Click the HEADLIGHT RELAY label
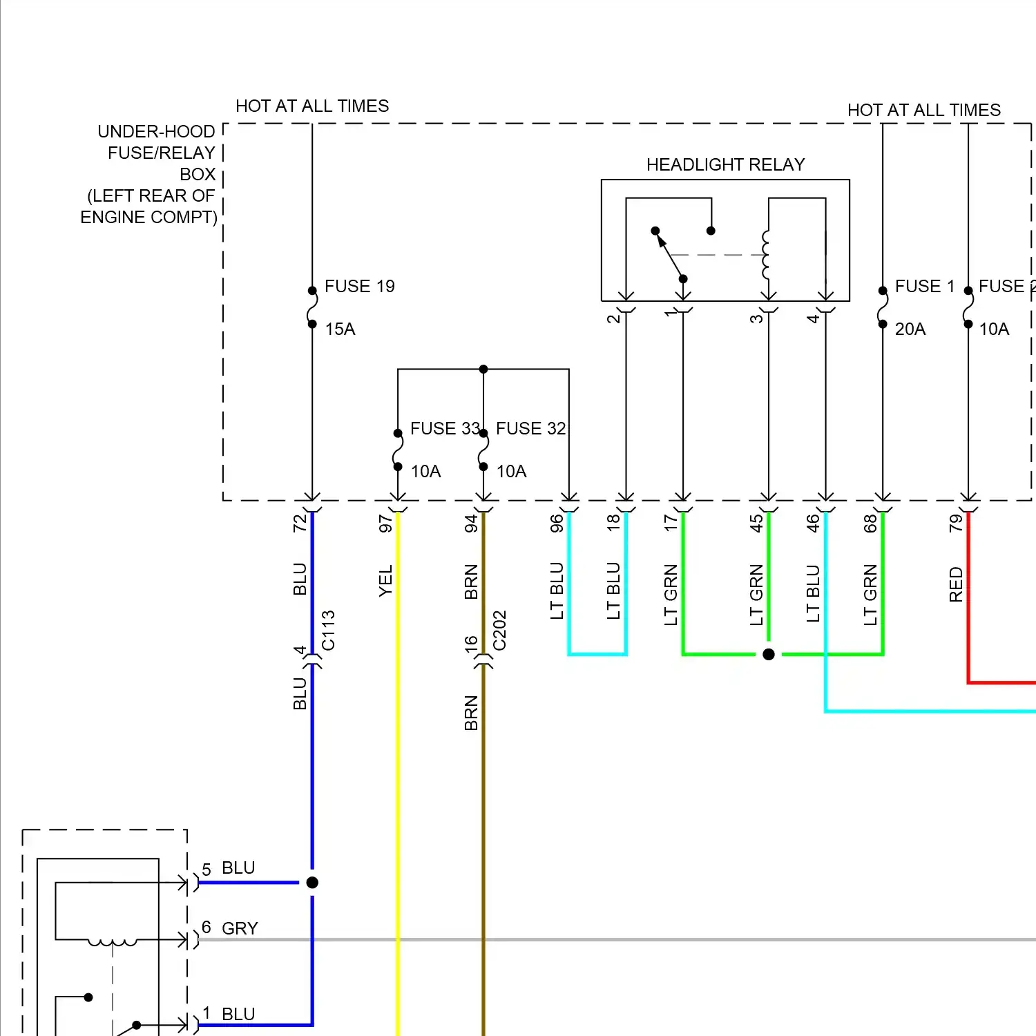click(725, 164)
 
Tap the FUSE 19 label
click(359, 286)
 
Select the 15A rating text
click(340, 329)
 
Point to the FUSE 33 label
click(444, 428)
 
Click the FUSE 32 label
click(530, 428)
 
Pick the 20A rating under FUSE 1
click(910, 329)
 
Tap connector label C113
click(328, 630)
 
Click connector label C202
click(499, 630)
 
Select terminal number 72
click(300, 524)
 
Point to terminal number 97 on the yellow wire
click(385, 524)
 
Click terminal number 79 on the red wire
click(956, 524)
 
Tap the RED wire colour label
click(956, 584)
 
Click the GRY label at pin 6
click(240, 928)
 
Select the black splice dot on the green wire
click(769, 654)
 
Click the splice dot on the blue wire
click(312, 882)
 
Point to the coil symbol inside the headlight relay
click(765, 255)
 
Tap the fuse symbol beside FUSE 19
click(312, 307)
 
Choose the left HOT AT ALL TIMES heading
click(312, 106)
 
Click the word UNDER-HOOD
click(156, 131)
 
